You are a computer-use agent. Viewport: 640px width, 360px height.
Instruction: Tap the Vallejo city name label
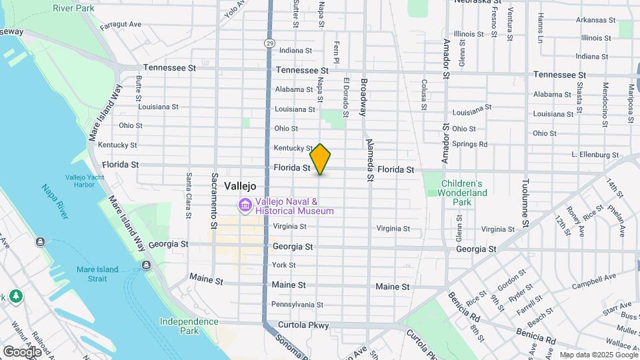point(241,186)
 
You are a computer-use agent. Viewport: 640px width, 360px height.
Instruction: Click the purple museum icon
point(245,206)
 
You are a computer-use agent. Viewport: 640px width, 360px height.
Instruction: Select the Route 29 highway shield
point(269,43)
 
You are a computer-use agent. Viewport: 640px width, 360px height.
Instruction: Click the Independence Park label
point(189,326)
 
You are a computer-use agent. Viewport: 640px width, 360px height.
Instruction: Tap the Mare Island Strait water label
point(97,274)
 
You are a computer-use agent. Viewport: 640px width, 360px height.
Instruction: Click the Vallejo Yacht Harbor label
point(85,181)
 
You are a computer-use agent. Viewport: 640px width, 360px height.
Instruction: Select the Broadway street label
point(364,98)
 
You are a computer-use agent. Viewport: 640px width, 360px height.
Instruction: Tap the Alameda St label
point(369,160)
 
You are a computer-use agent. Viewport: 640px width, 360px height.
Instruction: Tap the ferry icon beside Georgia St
point(146,265)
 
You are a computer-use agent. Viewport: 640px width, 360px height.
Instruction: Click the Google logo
point(22,351)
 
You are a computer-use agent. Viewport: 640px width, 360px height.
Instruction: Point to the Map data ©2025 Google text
point(598,355)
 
